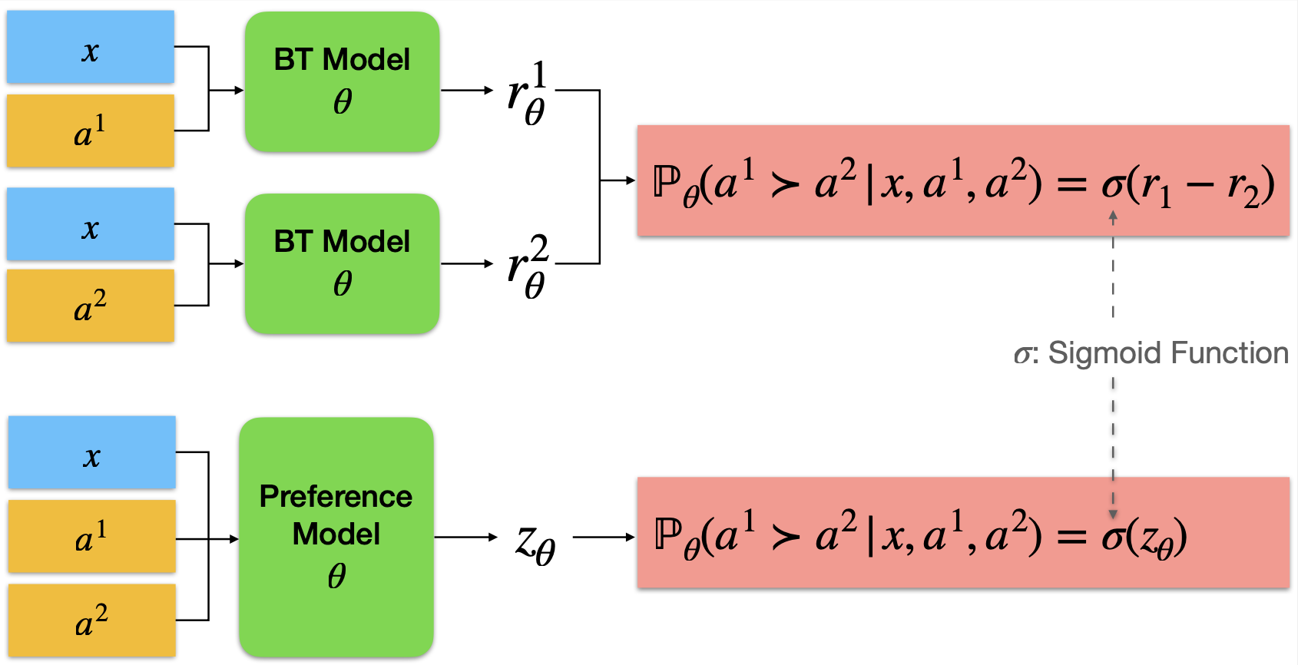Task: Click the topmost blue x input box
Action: [91, 47]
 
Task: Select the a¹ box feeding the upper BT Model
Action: [91, 131]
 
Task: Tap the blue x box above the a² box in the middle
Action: [91, 224]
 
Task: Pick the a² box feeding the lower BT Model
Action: [91, 306]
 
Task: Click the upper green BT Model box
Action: [342, 81]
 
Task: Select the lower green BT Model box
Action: [342, 263]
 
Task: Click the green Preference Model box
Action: [336, 537]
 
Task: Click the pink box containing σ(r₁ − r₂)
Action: [963, 181]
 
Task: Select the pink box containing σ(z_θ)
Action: [963, 534]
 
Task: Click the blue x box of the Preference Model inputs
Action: [92, 452]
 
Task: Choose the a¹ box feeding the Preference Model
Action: [92, 537]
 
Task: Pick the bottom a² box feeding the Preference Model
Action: [92, 620]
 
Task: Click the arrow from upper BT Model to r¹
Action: [467, 91]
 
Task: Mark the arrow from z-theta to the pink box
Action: [604, 538]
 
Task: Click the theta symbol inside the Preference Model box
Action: [336, 575]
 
